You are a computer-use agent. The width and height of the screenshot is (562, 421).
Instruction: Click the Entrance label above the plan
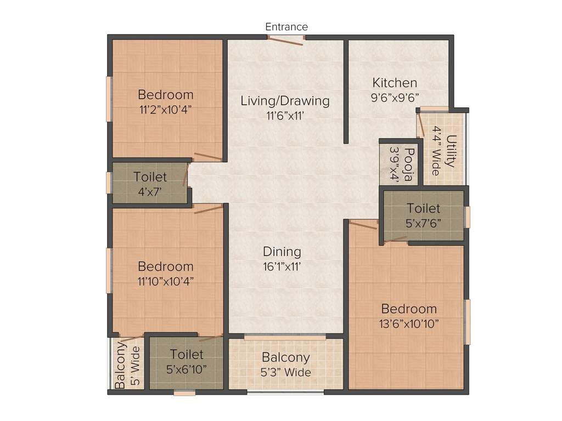(x=286, y=27)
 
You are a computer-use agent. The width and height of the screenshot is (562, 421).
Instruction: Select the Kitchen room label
(x=395, y=83)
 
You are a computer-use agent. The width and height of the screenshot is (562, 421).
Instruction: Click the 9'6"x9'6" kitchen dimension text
(x=395, y=98)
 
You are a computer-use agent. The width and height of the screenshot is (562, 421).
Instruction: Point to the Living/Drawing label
(x=285, y=101)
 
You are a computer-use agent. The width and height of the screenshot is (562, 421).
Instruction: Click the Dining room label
(x=282, y=252)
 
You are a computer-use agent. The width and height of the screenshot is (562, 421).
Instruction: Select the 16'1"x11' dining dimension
(x=282, y=266)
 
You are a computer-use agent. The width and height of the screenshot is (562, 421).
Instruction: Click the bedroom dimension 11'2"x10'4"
(x=165, y=109)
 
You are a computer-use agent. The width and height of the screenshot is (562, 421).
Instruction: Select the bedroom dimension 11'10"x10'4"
(x=165, y=281)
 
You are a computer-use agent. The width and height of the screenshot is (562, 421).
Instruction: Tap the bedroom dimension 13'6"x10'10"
(x=409, y=323)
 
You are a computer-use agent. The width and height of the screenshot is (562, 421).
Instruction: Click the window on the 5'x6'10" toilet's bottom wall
(x=185, y=392)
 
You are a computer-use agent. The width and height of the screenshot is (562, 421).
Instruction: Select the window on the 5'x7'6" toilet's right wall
(x=468, y=217)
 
